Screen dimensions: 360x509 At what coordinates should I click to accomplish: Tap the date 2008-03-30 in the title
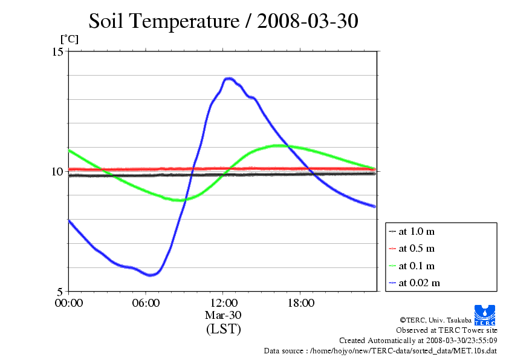point(308,21)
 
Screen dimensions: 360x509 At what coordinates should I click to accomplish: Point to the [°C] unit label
point(69,39)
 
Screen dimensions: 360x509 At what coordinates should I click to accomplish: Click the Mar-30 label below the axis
point(223,315)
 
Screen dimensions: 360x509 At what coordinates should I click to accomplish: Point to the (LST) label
point(223,330)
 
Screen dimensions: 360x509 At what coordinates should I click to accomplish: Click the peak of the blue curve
point(229,79)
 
